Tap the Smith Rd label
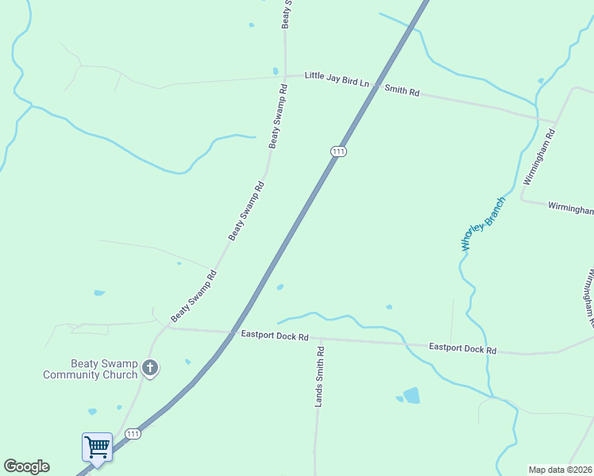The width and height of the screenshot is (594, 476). pyautogui.click(x=402, y=90)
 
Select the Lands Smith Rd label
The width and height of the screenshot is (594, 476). pyautogui.click(x=320, y=377)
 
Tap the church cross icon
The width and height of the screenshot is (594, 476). pyautogui.click(x=150, y=367)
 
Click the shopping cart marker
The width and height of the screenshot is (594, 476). pyautogui.click(x=97, y=447)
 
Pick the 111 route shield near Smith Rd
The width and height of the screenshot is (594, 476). pyautogui.click(x=338, y=152)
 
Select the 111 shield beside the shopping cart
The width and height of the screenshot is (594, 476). pyautogui.click(x=133, y=434)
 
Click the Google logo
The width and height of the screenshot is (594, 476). pyautogui.click(x=26, y=466)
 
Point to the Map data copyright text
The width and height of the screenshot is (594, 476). pyautogui.click(x=560, y=470)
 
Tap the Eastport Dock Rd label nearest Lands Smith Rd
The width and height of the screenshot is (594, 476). pyautogui.click(x=274, y=336)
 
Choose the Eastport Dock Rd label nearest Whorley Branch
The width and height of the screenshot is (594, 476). pyautogui.click(x=462, y=348)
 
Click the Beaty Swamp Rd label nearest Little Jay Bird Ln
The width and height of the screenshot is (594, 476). pyautogui.click(x=277, y=123)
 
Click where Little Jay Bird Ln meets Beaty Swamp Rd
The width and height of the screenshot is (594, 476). pyautogui.click(x=286, y=77)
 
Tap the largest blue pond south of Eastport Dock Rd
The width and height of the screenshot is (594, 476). pyautogui.click(x=411, y=395)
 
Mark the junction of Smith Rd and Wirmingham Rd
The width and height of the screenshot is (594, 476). pyautogui.click(x=555, y=122)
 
